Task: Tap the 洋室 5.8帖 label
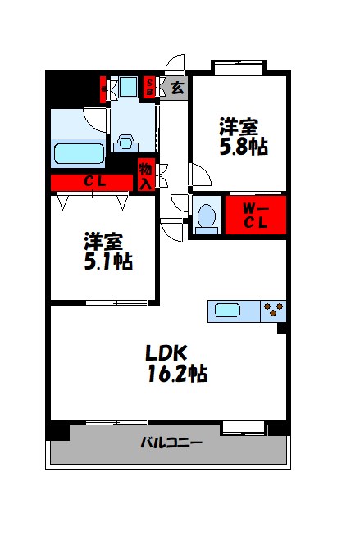tap(243, 138)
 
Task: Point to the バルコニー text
tap(171, 443)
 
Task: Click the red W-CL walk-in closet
tap(256, 216)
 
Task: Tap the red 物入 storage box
tap(146, 175)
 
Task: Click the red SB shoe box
tap(150, 87)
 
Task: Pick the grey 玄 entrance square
tap(176, 87)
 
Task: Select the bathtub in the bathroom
tap(79, 154)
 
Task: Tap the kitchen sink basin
tap(228, 311)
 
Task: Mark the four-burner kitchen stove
tap(273, 311)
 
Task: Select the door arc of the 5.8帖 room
tap(200, 175)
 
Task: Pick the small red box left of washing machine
tap(104, 88)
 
